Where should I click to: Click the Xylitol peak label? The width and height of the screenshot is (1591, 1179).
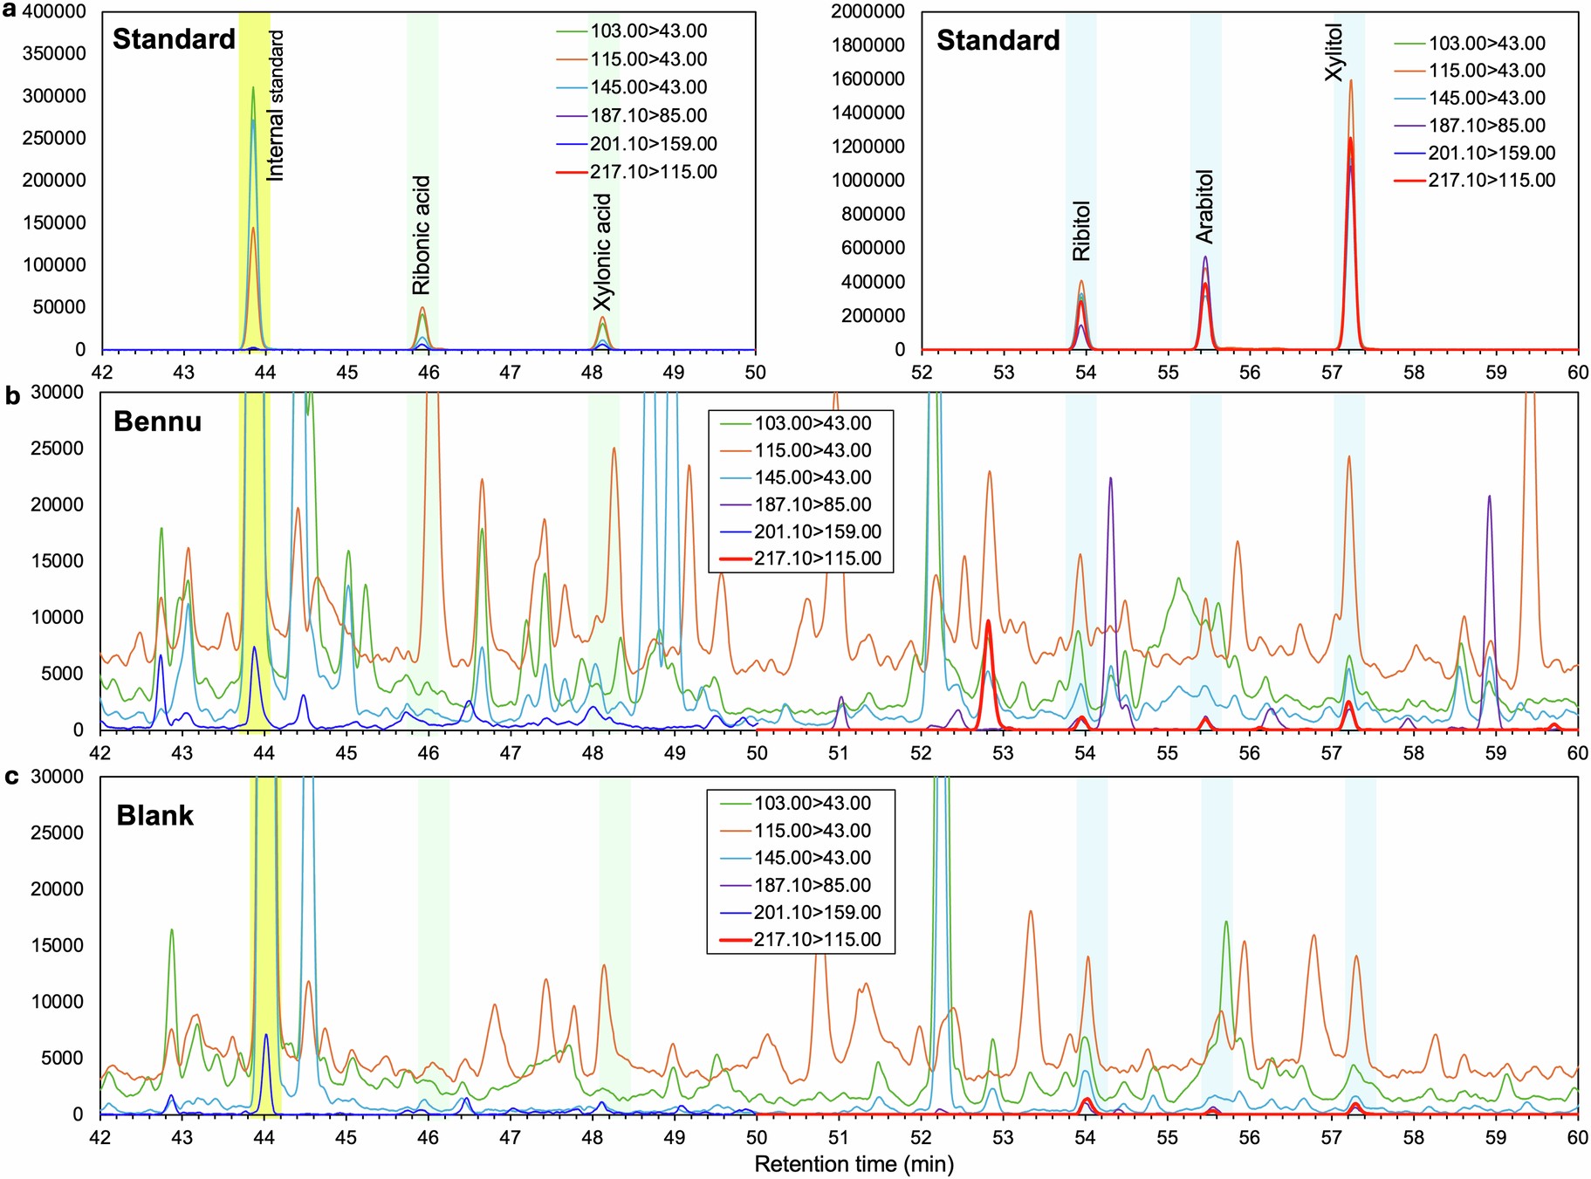(x=1334, y=52)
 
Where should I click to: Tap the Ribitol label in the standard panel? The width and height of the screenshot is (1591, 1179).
(x=1081, y=231)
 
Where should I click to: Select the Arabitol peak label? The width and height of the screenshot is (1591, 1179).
(x=1204, y=207)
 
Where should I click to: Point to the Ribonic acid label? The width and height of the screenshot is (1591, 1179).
(x=422, y=236)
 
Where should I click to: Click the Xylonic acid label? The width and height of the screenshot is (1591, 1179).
(x=602, y=252)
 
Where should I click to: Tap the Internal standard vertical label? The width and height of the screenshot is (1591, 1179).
(x=276, y=106)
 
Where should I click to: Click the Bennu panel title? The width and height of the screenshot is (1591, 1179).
(x=157, y=422)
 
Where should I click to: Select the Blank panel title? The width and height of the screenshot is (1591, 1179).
(x=154, y=815)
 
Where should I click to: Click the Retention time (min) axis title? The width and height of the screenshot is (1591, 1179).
(x=854, y=1164)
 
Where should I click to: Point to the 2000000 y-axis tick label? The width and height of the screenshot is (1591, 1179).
(x=868, y=11)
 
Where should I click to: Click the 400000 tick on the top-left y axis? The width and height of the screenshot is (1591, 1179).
(x=53, y=11)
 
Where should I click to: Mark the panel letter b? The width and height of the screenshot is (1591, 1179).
(x=12, y=396)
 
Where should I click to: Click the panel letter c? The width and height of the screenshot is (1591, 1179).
(x=12, y=777)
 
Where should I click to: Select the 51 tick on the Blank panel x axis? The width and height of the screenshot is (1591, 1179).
(x=839, y=1138)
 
